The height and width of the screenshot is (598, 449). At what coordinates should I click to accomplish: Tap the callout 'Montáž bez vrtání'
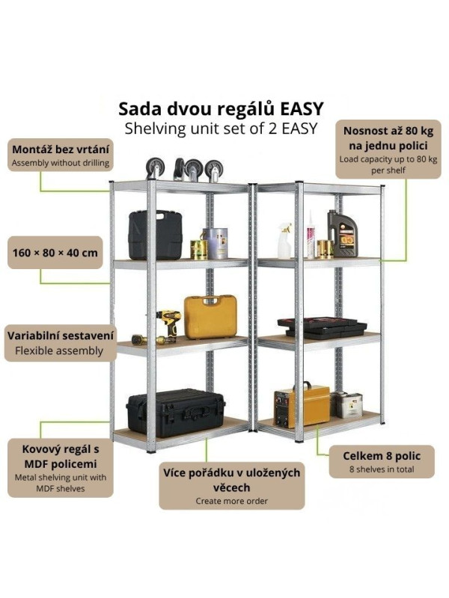61,155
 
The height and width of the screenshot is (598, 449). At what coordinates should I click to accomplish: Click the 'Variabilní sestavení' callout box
61,342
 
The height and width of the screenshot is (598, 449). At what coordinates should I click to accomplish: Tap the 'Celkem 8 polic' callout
382,461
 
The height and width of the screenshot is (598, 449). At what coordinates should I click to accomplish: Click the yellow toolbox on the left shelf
210,316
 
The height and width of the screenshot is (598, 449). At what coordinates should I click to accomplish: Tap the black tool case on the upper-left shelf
155,234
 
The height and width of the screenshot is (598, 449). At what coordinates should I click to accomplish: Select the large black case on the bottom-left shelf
175,412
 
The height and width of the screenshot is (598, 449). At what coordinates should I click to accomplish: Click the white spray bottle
284,240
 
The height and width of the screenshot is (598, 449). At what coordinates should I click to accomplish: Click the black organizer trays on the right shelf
322,327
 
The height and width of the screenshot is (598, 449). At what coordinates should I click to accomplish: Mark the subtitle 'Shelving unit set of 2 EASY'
221,128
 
